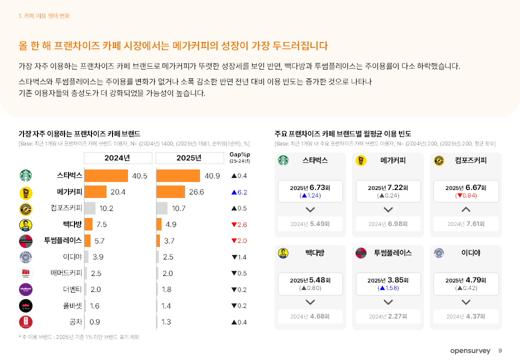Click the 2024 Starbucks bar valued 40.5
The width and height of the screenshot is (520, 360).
tap(106, 176)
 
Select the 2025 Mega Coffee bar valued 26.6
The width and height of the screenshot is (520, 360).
tap(170, 192)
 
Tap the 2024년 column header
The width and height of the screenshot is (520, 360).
tap(117, 158)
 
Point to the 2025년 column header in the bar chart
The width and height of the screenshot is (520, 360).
tap(189, 158)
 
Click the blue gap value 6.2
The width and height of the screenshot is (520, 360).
tap(239, 192)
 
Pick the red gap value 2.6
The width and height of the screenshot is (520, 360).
tap(239, 224)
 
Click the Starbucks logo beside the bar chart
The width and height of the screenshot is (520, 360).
tap(25, 176)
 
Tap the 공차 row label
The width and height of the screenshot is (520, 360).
tap(75, 322)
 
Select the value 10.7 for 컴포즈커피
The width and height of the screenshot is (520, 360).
tap(178, 208)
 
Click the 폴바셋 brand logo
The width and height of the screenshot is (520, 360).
tap(25, 306)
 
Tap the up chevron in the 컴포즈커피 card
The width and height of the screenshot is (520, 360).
tap(466, 209)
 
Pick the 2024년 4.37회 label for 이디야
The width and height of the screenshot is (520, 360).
tap(465, 316)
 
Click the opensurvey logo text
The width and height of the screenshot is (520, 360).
tap(470, 351)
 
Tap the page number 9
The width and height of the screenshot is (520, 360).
tap(500, 351)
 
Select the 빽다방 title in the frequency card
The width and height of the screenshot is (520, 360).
tap(314, 253)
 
